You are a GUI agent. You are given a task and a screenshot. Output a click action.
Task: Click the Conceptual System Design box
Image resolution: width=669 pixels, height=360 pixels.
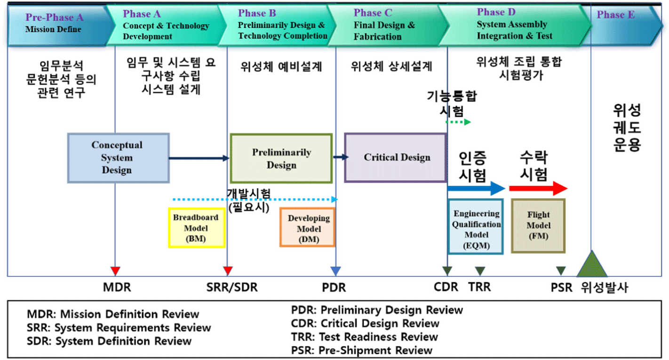(x=118, y=158)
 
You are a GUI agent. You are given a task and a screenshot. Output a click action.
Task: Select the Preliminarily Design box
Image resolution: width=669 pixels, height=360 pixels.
(x=281, y=158)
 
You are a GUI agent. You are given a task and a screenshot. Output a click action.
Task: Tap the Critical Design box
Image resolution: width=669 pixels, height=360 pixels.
(x=396, y=158)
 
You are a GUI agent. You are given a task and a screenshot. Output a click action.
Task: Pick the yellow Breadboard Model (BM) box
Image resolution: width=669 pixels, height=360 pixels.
(x=197, y=228)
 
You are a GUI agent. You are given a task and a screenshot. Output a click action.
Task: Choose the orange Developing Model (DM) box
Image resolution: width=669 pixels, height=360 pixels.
(x=308, y=227)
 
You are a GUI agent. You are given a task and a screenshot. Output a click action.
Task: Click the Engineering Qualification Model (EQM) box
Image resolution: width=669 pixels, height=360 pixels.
(x=476, y=226)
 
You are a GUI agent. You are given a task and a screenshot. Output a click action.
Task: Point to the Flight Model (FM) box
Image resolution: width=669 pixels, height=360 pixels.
(x=538, y=226)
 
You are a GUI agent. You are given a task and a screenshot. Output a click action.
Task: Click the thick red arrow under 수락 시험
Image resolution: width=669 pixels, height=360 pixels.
(x=538, y=188)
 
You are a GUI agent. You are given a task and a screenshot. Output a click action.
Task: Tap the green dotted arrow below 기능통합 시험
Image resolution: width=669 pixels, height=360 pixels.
(x=458, y=122)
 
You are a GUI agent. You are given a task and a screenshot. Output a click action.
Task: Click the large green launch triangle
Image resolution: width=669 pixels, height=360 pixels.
(x=592, y=264)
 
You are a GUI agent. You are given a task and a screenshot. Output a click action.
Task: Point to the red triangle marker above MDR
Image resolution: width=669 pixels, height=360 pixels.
(x=115, y=271)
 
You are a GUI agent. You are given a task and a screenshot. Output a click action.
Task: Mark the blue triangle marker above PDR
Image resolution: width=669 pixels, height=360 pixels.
(x=336, y=271)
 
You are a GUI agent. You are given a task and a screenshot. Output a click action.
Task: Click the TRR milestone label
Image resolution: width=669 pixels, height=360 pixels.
(x=479, y=287)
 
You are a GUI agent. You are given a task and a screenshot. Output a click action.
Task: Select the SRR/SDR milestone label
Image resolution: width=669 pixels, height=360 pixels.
(x=232, y=287)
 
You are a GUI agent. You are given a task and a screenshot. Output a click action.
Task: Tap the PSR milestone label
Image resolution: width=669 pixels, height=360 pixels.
(x=561, y=288)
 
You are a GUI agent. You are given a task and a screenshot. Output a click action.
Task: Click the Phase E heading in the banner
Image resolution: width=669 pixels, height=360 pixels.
(x=615, y=15)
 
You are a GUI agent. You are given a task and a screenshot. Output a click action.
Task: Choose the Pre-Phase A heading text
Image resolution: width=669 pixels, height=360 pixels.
(x=55, y=17)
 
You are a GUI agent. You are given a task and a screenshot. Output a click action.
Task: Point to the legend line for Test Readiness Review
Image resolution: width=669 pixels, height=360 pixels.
(x=364, y=336)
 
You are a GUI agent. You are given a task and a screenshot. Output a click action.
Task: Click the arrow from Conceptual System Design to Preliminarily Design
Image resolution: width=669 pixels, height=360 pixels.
(x=199, y=158)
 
